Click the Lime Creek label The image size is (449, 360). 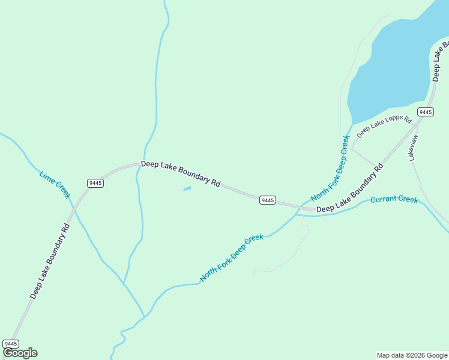tap(55, 185)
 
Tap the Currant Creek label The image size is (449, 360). tap(394, 199)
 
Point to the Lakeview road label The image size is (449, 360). tap(413, 148)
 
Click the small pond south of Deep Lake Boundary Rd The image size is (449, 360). tap(187, 189)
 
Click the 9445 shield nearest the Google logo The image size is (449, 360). tap(11, 343)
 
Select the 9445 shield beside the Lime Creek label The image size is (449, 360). tap(95, 182)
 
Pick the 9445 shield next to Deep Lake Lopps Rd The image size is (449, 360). tap(425, 112)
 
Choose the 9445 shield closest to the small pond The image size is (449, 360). tap(268, 200)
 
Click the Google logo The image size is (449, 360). tap(20, 353)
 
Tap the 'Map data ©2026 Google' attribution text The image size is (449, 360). tap(412, 355)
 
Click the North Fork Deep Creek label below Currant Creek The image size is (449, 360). tap(232, 258)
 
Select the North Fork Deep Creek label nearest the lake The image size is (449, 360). tap(330, 169)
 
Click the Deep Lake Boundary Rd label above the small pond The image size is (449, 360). tap(181, 172)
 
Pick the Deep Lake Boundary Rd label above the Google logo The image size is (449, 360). tap(50, 260)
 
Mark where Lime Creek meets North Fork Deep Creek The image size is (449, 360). tap(145, 316)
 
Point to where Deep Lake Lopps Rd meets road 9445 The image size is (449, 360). tap(380, 166)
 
